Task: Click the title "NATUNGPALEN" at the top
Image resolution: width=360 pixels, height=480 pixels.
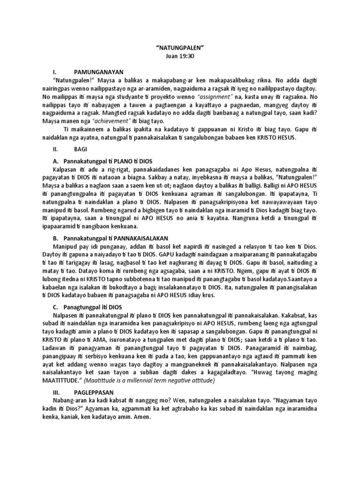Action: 180,47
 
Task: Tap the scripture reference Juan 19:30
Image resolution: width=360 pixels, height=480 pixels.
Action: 180,55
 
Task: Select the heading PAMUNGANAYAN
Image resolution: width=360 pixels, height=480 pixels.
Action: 98,72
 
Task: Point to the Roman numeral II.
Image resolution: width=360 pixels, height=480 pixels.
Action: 55,151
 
